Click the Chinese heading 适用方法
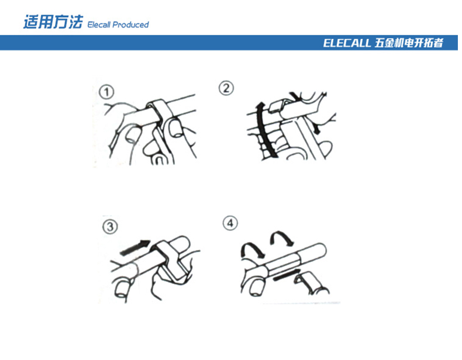pyautogui.click(x=53, y=22)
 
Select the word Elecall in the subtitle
pyautogui.click(x=99, y=25)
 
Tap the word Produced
pyautogui.click(x=130, y=25)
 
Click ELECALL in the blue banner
pyautogui.click(x=347, y=43)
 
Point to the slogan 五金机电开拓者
pyautogui.click(x=409, y=43)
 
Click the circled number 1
pyautogui.click(x=106, y=92)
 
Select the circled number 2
pyautogui.click(x=226, y=88)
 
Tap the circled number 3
pyautogui.click(x=110, y=227)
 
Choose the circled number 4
pyautogui.click(x=230, y=223)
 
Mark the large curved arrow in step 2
pyautogui.click(x=263, y=130)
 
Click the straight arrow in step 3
pyautogui.click(x=136, y=248)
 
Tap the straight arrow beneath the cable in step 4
pyautogui.click(x=287, y=275)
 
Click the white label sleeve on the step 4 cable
pyautogui.click(x=283, y=262)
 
